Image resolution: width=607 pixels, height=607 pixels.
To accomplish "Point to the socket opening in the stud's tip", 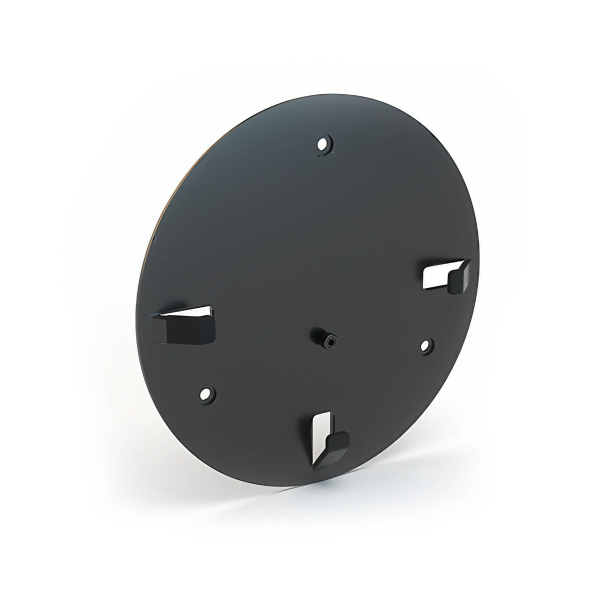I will (330, 342).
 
